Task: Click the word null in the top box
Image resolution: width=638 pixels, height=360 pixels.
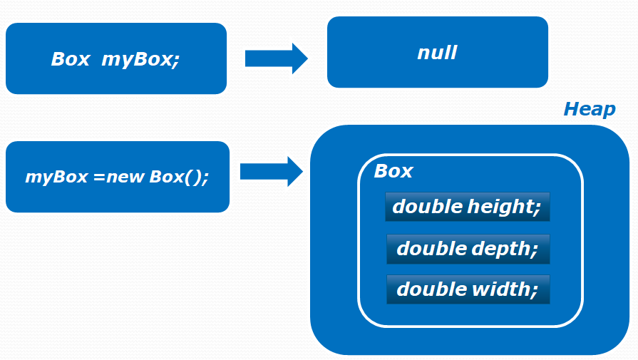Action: tap(437, 53)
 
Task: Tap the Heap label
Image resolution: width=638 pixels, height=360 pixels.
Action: tap(589, 109)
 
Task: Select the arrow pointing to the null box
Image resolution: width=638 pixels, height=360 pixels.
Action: tap(276, 58)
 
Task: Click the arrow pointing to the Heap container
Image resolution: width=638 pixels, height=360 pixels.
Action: tap(272, 172)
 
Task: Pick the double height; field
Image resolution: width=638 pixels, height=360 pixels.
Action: tap(468, 207)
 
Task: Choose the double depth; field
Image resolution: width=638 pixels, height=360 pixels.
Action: tap(468, 249)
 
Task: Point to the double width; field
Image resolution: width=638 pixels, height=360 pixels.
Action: tap(468, 289)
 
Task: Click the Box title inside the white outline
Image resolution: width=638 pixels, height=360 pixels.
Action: tap(393, 171)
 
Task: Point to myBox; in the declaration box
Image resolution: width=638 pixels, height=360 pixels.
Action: tap(140, 59)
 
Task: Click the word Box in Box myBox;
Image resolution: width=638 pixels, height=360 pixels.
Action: tap(70, 59)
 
